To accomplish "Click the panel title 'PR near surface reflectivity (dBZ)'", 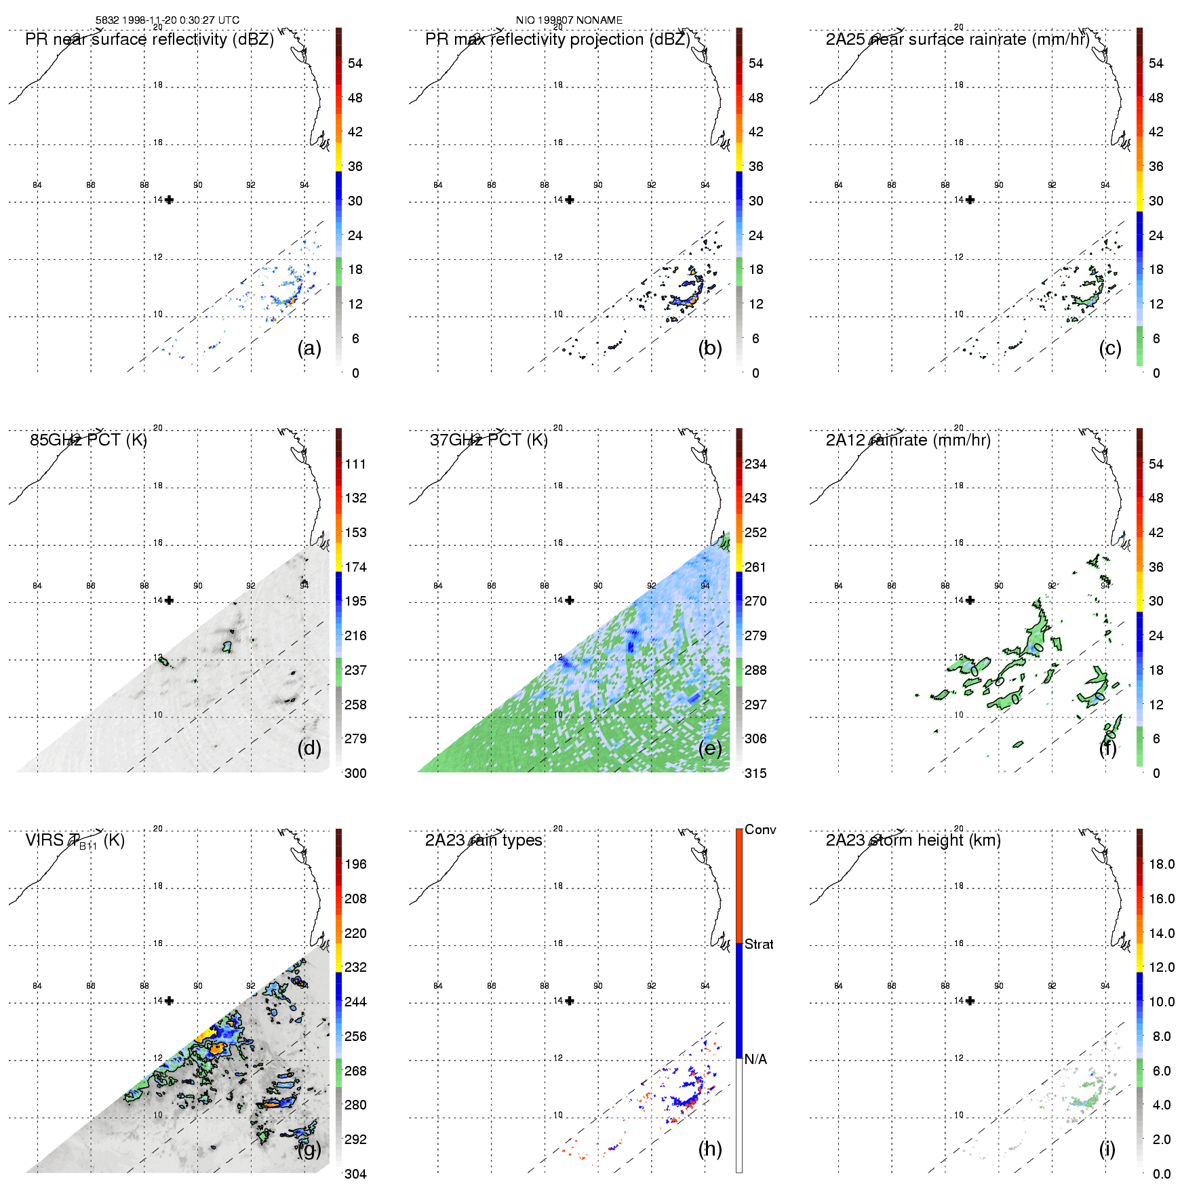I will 149,39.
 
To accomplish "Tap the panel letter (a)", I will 309,348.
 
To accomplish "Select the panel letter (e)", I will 709,748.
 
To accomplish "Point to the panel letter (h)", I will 709,1149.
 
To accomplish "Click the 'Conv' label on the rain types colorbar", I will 760,829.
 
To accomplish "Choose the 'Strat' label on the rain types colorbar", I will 759,944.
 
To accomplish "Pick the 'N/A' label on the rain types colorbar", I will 755,1059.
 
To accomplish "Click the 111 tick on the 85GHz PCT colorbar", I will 355,464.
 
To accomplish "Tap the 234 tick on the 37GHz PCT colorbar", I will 755,464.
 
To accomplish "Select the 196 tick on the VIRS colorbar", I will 355,864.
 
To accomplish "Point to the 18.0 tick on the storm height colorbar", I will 1162,864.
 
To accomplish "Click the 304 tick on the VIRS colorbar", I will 355,1174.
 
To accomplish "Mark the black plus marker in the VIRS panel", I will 169,1000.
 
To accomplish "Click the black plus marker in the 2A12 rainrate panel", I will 970,600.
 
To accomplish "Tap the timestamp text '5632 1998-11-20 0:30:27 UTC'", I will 168,20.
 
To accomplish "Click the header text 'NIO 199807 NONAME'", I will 569,20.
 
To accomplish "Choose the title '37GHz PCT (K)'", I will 488,440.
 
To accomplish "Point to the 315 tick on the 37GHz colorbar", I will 755,773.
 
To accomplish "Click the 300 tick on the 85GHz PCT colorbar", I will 355,773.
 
